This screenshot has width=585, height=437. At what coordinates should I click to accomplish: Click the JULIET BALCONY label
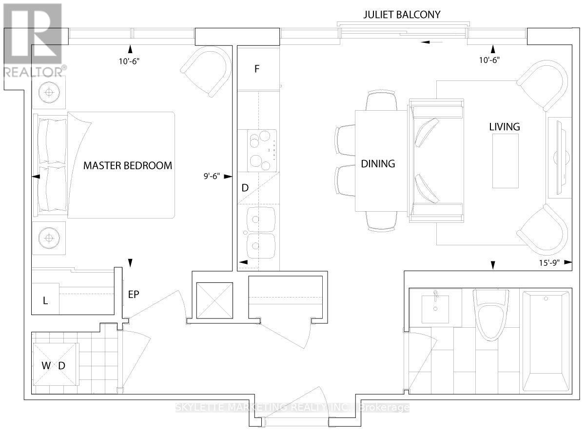tap(402, 15)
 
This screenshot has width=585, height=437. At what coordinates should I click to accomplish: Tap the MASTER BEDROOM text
tap(128, 165)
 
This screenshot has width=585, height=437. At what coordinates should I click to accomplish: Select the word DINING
tap(378, 164)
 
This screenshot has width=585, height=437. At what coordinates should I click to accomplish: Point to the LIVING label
tap(505, 127)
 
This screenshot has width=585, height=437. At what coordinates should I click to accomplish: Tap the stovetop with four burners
tap(262, 150)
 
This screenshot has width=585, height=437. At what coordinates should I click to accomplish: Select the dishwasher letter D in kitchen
tap(245, 188)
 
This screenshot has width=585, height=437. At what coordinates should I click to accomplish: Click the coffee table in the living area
tap(505, 160)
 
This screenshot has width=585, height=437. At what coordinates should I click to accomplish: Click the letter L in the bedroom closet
tap(45, 301)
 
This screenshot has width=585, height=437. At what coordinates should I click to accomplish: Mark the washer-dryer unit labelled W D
tap(55, 365)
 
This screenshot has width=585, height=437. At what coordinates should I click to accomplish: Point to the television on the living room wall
tap(559, 158)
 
